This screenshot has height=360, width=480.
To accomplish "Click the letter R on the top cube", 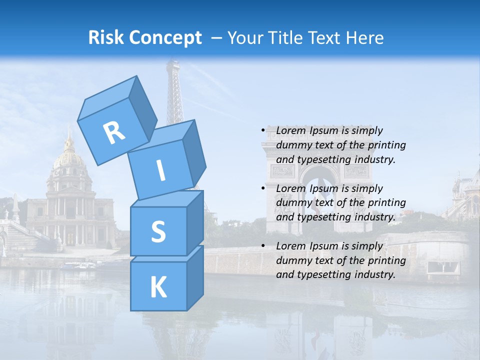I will (x=114, y=132).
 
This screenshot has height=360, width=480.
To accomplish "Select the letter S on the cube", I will (x=158, y=231).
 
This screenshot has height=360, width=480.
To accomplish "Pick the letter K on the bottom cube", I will (x=158, y=287).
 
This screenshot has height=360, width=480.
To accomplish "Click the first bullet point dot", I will (x=263, y=130).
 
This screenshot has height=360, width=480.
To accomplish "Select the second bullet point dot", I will (x=263, y=188).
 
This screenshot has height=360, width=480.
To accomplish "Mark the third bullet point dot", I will (x=263, y=246).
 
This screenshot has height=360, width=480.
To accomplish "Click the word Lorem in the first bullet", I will (x=290, y=130).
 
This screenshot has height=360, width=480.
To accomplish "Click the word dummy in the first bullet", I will (x=292, y=145).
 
